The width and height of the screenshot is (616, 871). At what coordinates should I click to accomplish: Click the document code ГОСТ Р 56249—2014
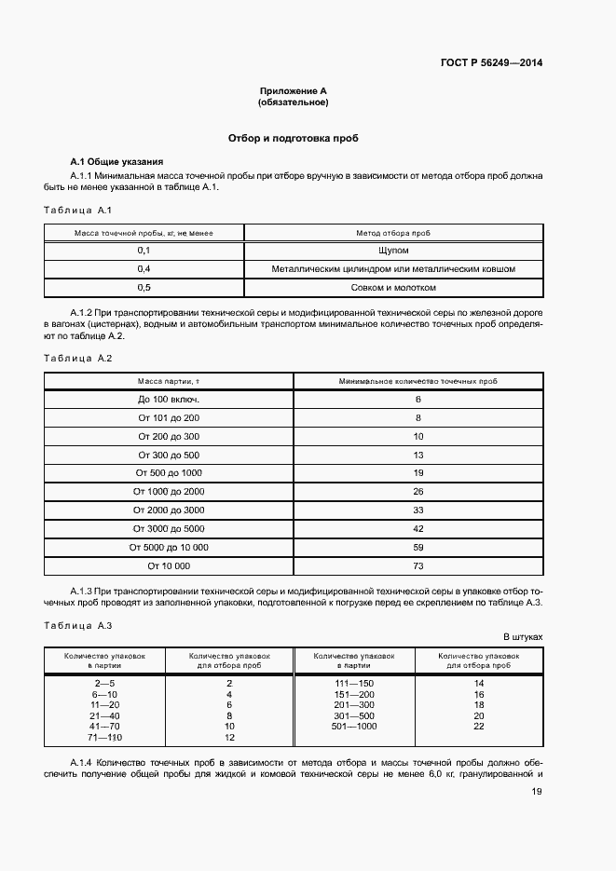coord(490,63)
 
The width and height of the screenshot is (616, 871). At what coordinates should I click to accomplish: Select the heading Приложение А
coord(294,90)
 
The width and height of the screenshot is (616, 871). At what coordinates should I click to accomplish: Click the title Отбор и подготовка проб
coord(294,138)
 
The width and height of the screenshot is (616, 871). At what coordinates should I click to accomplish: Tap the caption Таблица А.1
coord(78,210)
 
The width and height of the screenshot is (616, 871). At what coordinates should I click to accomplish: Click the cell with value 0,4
coord(144,269)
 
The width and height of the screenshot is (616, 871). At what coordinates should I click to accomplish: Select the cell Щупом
coord(393,251)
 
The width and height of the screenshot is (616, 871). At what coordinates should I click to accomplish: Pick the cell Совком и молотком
coord(393,288)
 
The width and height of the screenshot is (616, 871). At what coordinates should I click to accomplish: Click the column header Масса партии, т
coord(169,381)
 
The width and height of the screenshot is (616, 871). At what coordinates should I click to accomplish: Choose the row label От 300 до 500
coord(169,455)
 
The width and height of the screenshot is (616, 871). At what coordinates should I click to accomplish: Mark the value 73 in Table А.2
coord(418,565)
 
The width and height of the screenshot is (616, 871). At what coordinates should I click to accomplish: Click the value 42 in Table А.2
coord(418,528)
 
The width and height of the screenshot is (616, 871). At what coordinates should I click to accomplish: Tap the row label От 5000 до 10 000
coord(169,547)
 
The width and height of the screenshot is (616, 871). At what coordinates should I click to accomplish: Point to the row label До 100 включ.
coord(169,400)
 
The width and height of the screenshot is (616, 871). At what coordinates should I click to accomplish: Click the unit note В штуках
coord(523,637)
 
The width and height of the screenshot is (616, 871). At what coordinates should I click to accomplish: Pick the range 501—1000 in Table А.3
coord(354,726)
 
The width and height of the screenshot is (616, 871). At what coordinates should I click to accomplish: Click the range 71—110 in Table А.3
coord(103,737)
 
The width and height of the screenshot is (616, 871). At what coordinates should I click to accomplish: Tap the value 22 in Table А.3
coord(479,726)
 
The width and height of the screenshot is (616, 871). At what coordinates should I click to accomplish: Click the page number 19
coord(537,792)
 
